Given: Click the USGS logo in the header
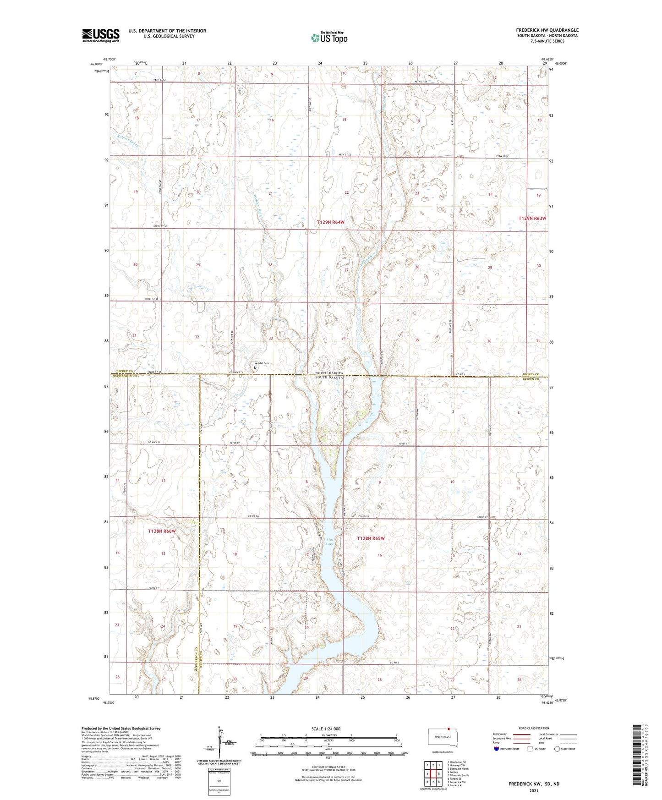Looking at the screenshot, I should [x=100, y=35].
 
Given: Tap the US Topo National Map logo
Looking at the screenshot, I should [x=328, y=37].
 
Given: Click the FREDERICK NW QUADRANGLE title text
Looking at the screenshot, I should [x=547, y=30].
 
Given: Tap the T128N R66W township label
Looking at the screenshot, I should [x=162, y=531].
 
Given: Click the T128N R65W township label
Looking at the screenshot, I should [x=371, y=538].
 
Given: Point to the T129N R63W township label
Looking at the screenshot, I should [x=532, y=219].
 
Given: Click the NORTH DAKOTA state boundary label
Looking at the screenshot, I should [x=329, y=373].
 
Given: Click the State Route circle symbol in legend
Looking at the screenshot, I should [x=557, y=749].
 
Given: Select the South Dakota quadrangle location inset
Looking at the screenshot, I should [x=439, y=737].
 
